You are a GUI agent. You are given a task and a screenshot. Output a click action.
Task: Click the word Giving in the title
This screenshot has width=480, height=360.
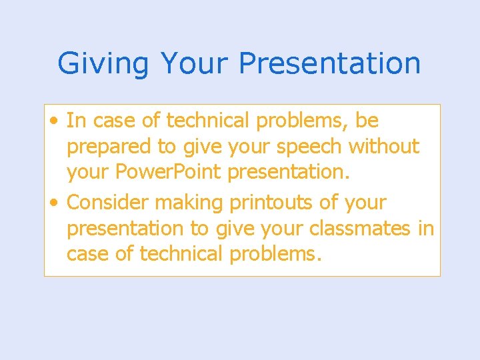click(103, 64)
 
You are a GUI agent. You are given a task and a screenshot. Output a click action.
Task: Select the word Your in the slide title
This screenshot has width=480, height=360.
click(194, 64)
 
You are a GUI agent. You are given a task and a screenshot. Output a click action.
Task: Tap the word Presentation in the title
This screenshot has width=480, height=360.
click(329, 64)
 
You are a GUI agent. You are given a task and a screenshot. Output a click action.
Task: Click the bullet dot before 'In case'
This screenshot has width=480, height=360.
click(53, 121)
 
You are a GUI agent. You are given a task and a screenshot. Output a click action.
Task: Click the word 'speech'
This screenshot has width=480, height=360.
click(309, 147)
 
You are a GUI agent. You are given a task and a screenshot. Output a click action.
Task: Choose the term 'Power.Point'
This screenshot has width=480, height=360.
click(170, 172)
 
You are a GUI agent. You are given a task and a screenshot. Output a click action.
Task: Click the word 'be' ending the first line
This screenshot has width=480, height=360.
click(367, 121)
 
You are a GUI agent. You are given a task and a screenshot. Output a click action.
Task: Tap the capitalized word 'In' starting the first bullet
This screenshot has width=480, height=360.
click(76, 121)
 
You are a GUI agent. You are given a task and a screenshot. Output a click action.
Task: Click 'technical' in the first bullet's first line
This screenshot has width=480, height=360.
click(206, 121)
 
